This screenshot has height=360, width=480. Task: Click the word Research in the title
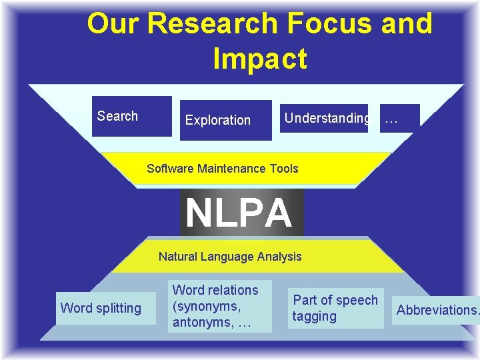pyautogui.click(x=211, y=24)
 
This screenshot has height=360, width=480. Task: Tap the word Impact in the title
pyautogui.click(x=260, y=59)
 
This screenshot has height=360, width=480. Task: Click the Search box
pyautogui.click(x=131, y=117)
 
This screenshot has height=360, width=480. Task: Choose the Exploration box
pyautogui.click(x=225, y=121)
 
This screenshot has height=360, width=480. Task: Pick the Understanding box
pyautogui.click(x=324, y=118)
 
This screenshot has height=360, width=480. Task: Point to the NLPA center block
pyautogui.click(x=241, y=213)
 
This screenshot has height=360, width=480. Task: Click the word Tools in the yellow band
pyautogui.click(x=284, y=169)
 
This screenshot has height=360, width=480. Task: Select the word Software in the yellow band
pyautogui.click(x=170, y=169)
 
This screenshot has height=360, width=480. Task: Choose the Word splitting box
pyautogui.click(x=101, y=309)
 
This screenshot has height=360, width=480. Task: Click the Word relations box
pyautogui.click(x=220, y=306)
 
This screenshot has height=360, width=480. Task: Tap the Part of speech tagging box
pyautogui.click(x=335, y=308)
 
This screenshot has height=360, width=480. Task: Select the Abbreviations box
pyautogui.click(x=436, y=310)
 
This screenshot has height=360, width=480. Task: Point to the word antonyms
pyautogui.click(x=200, y=323)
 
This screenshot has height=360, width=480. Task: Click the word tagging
pyautogui.click(x=315, y=317)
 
